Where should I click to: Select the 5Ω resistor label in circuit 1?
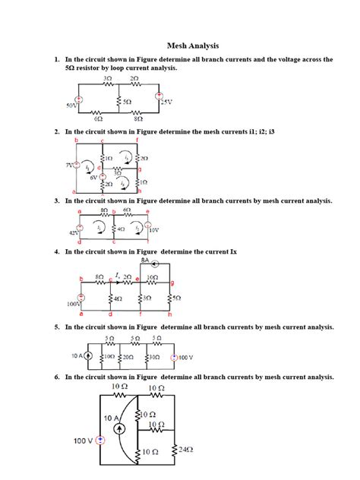point(127,101)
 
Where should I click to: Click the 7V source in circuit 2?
point(76,165)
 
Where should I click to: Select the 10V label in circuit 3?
point(153,229)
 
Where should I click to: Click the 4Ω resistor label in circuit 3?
point(122,229)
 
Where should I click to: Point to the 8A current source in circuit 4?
point(154,264)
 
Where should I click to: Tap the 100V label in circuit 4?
point(74,303)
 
